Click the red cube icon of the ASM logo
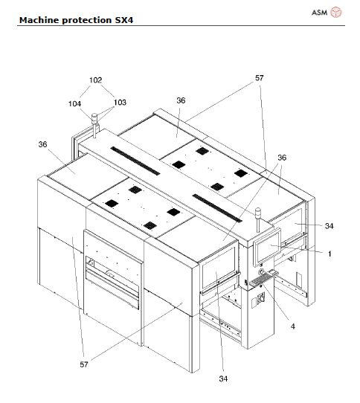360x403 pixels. (x=337, y=12)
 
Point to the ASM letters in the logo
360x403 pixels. (x=318, y=12)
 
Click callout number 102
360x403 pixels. (x=95, y=80)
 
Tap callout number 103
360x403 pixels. (x=120, y=103)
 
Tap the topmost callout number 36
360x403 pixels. (x=181, y=100)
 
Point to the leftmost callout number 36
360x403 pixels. (x=43, y=144)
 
